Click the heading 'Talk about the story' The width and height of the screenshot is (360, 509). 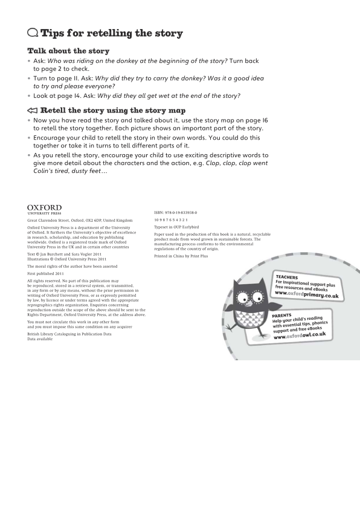[68, 51]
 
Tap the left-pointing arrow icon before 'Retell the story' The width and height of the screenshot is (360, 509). [33, 111]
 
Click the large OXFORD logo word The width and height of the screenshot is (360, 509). [45, 208]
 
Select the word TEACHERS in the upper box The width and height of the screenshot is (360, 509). [287, 277]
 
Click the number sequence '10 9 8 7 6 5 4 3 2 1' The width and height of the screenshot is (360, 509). [171, 220]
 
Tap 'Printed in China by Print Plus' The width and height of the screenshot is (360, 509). [181, 256]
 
